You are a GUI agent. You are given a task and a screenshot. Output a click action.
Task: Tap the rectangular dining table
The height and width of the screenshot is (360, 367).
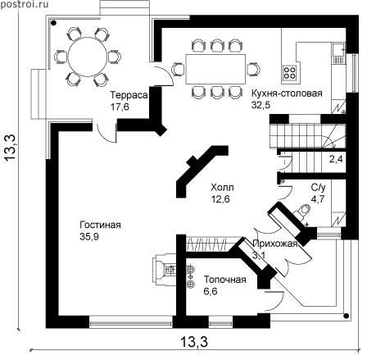[215, 69]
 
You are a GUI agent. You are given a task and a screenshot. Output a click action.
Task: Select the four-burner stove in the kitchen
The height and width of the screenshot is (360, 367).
[289, 72]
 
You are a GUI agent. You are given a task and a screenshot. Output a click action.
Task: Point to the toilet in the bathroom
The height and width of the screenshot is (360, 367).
[301, 212]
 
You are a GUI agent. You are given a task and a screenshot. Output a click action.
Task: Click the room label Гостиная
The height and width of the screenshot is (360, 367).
[100, 225]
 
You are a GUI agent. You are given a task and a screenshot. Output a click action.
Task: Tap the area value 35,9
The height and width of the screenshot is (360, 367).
[89, 237]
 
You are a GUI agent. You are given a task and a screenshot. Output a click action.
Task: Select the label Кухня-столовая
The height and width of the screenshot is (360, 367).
[287, 93]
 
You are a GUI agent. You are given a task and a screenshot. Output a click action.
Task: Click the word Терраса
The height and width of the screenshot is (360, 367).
[129, 95]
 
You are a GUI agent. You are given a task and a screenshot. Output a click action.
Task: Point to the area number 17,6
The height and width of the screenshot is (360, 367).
[120, 107]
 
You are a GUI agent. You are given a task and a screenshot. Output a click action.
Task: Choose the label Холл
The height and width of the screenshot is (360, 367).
[222, 188]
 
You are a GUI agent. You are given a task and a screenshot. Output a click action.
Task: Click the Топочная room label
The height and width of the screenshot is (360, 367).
[225, 280]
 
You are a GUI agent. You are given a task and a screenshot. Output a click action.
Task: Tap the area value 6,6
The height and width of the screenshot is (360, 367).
[211, 291]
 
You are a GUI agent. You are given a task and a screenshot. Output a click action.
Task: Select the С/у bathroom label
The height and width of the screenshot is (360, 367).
[318, 188]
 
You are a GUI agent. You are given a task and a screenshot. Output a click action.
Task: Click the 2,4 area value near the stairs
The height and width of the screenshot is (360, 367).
[336, 159]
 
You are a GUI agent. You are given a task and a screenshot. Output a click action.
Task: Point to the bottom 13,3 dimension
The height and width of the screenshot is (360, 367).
[194, 342]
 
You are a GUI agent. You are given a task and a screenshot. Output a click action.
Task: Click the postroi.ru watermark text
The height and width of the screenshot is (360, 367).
[25, 4]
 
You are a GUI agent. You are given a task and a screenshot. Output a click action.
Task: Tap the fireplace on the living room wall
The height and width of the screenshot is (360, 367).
[165, 270]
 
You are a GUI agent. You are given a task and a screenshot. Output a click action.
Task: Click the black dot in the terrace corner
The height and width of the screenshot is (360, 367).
[53, 23]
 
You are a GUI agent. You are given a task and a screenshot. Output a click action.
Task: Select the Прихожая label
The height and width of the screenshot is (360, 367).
[274, 244]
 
